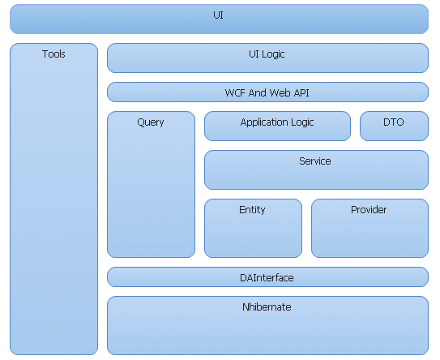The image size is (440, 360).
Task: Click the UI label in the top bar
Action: [x=218, y=15]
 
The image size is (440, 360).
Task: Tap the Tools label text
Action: [x=53, y=54]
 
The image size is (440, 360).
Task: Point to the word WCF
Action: [x=235, y=92]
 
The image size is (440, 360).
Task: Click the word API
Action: [x=301, y=92]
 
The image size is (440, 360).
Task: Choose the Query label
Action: [x=151, y=122]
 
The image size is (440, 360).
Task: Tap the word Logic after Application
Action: [x=302, y=122]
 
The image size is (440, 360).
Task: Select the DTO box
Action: [x=394, y=126]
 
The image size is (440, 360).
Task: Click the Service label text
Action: [x=315, y=161]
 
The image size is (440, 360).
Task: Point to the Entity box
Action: [x=253, y=228]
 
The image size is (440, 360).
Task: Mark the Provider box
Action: [x=370, y=228]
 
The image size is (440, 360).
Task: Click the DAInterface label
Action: [x=267, y=278]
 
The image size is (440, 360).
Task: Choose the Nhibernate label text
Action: [x=267, y=307]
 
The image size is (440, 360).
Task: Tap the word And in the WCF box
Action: [x=257, y=92]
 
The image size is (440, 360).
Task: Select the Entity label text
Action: [x=252, y=210]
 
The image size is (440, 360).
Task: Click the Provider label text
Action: [x=369, y=210]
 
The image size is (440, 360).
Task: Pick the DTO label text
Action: [x=394, y=122]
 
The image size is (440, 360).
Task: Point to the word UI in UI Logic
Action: [x=254, y=54]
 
